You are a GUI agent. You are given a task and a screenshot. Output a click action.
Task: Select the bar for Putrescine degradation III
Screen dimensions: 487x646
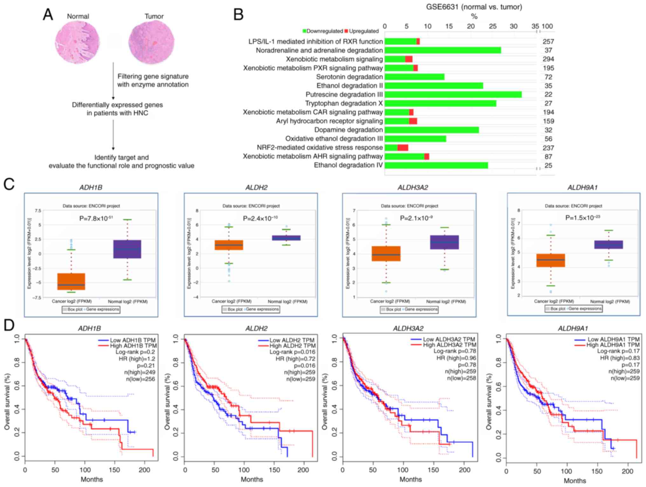[x=453, y=94]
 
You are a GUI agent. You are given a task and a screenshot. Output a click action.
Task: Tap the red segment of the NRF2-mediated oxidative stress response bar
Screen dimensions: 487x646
[x=403, y=148]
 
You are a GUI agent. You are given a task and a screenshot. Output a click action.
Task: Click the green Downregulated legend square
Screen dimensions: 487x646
[x=304, y=31]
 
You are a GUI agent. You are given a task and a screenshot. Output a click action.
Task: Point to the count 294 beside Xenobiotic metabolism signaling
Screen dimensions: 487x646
[x=548, y=59]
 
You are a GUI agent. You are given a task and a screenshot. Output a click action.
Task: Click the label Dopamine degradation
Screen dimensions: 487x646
[x=348, y=130]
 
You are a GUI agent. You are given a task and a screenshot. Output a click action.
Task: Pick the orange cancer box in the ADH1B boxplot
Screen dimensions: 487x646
[x=71, y=281]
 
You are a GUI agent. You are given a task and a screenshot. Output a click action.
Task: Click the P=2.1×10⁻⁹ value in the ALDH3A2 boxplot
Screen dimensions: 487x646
[x=416, y=218]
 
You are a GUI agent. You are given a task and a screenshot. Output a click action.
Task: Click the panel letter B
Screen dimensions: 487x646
[x=238, y=15]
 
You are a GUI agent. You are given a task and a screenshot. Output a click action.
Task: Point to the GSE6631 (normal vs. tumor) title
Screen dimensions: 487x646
[x=474, y=7]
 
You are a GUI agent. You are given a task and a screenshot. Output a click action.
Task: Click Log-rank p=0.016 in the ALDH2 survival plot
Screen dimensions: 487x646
[x=292, y=352]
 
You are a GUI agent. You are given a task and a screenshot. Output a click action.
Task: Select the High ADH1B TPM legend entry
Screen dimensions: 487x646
[x=133, y=346]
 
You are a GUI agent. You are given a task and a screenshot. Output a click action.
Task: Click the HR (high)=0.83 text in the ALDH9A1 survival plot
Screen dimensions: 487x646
[x=620, y=358]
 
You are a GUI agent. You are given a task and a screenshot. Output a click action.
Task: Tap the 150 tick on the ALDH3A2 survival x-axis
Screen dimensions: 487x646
[x=433, y=470]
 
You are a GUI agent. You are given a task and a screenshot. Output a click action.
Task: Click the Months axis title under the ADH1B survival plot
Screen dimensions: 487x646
[x=92, y=479]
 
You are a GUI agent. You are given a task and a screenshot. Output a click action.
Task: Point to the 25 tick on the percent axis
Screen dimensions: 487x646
[x=492, y=26]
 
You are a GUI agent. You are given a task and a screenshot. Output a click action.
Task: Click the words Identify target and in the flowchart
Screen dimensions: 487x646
[x=121, y=157]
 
